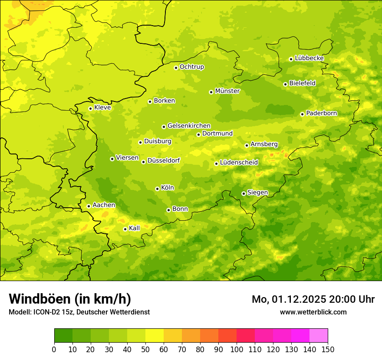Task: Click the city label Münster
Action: pyautogui.click(x=227, y=91)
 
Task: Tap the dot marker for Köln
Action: pyautogui.click(x=157, y=189)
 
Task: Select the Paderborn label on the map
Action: pyautogui.click(x=321, y=113)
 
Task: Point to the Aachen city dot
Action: pyautogui.click(x=89, y=206)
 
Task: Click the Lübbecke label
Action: pyautogui.click(x=309, y=58)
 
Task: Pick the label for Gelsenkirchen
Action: pyautogui.click(x=189, y=126)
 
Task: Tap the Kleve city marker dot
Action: pyautogui.click(x=90, y=108)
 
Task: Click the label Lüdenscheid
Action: pyautogui.click(x=239, y=163)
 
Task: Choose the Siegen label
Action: pyautogui.click(x=257, y=193)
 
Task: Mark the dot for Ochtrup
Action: pyautogui.click(x=176, y=68)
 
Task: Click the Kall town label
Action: pyautogui.click(x=134, y=228)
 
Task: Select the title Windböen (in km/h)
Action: pyautogui.click(x=69, y=299)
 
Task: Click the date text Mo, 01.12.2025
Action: pyautogui.click(x=288, y=299)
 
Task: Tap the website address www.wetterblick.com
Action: pyautogui.click(x=313, y=312)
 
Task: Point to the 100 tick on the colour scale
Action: pyautogui.click(x=237, y=349)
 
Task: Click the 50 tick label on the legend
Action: pyautogui.click(x=145, y=349)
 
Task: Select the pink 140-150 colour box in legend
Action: pyautogui.click(x=319, y=336)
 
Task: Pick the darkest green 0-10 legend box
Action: pyautogui.click(x=63, y=336)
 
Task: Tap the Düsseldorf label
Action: pyautogui.click(x=163, y=160)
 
